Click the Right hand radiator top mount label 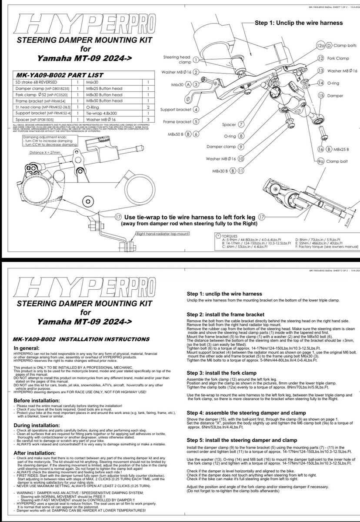163,234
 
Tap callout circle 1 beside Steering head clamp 196,60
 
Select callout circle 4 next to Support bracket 196,110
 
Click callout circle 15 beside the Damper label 321,95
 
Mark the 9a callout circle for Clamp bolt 321,161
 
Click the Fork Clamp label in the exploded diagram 338,58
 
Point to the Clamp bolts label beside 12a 345,45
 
